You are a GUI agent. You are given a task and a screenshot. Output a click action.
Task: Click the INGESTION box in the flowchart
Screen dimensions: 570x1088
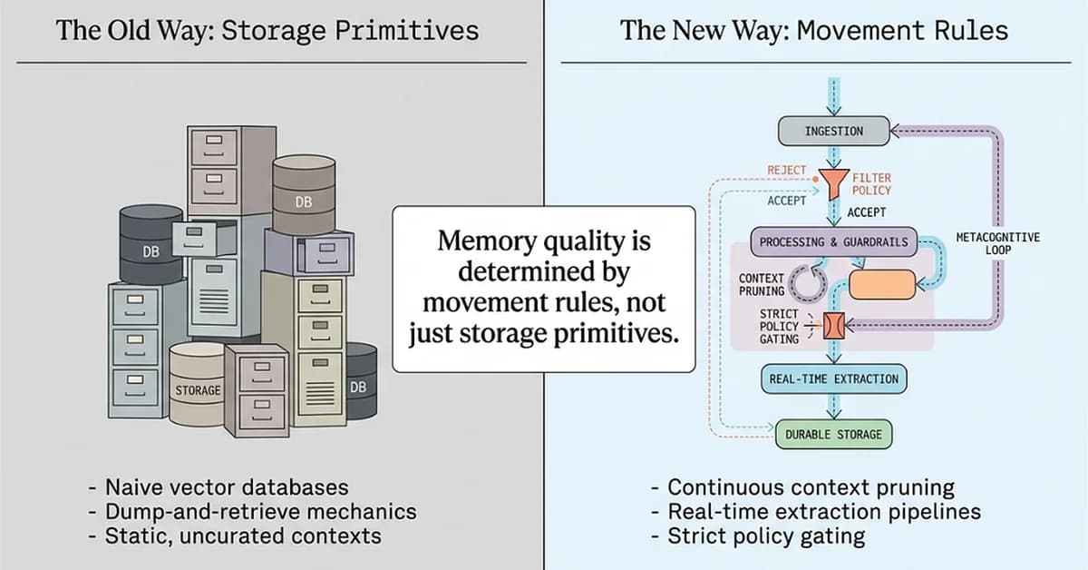[x=833, y=132]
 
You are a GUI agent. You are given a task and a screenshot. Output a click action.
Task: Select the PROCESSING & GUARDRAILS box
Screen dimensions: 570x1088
[x=833, y=242]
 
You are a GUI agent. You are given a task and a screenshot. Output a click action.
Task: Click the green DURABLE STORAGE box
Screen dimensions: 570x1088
[x=833, y=435]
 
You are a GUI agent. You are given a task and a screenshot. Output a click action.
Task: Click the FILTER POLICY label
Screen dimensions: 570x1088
[x=871, y=184]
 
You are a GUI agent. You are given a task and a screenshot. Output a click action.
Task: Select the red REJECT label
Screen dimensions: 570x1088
[x=786, y=170]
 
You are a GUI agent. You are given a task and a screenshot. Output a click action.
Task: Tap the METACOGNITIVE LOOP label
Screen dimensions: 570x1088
[x=998, y=243]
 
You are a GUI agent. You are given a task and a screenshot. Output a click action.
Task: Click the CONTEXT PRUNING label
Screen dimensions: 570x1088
[x=762, y=285]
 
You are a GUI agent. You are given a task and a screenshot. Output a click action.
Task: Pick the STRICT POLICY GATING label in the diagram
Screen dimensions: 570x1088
[x=779, y=326]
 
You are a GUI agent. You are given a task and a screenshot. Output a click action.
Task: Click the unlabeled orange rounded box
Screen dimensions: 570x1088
[x=881, y=284]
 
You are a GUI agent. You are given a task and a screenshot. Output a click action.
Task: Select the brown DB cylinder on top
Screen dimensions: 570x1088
[x=304, y=192]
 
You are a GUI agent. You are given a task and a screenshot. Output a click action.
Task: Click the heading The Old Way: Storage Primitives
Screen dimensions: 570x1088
[x=267, y=31]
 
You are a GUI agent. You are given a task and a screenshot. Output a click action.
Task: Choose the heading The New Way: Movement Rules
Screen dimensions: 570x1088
[x=813, y=31]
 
